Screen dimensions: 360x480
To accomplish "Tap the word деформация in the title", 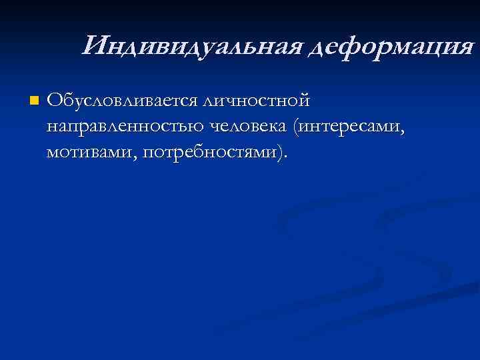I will tap(388, 47).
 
